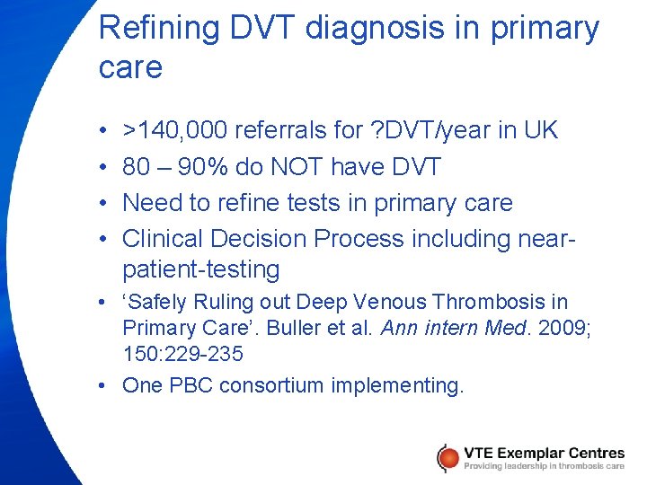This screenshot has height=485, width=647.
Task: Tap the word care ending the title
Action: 130,67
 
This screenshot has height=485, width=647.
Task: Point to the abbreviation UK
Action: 539,131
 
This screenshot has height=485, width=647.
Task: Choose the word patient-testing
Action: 201,269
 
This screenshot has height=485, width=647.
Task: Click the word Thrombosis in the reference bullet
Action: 471,303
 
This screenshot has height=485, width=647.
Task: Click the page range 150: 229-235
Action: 182,354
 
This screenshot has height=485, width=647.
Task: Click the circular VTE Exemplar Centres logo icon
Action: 448,457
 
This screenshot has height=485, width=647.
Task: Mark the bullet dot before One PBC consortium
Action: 105,386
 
